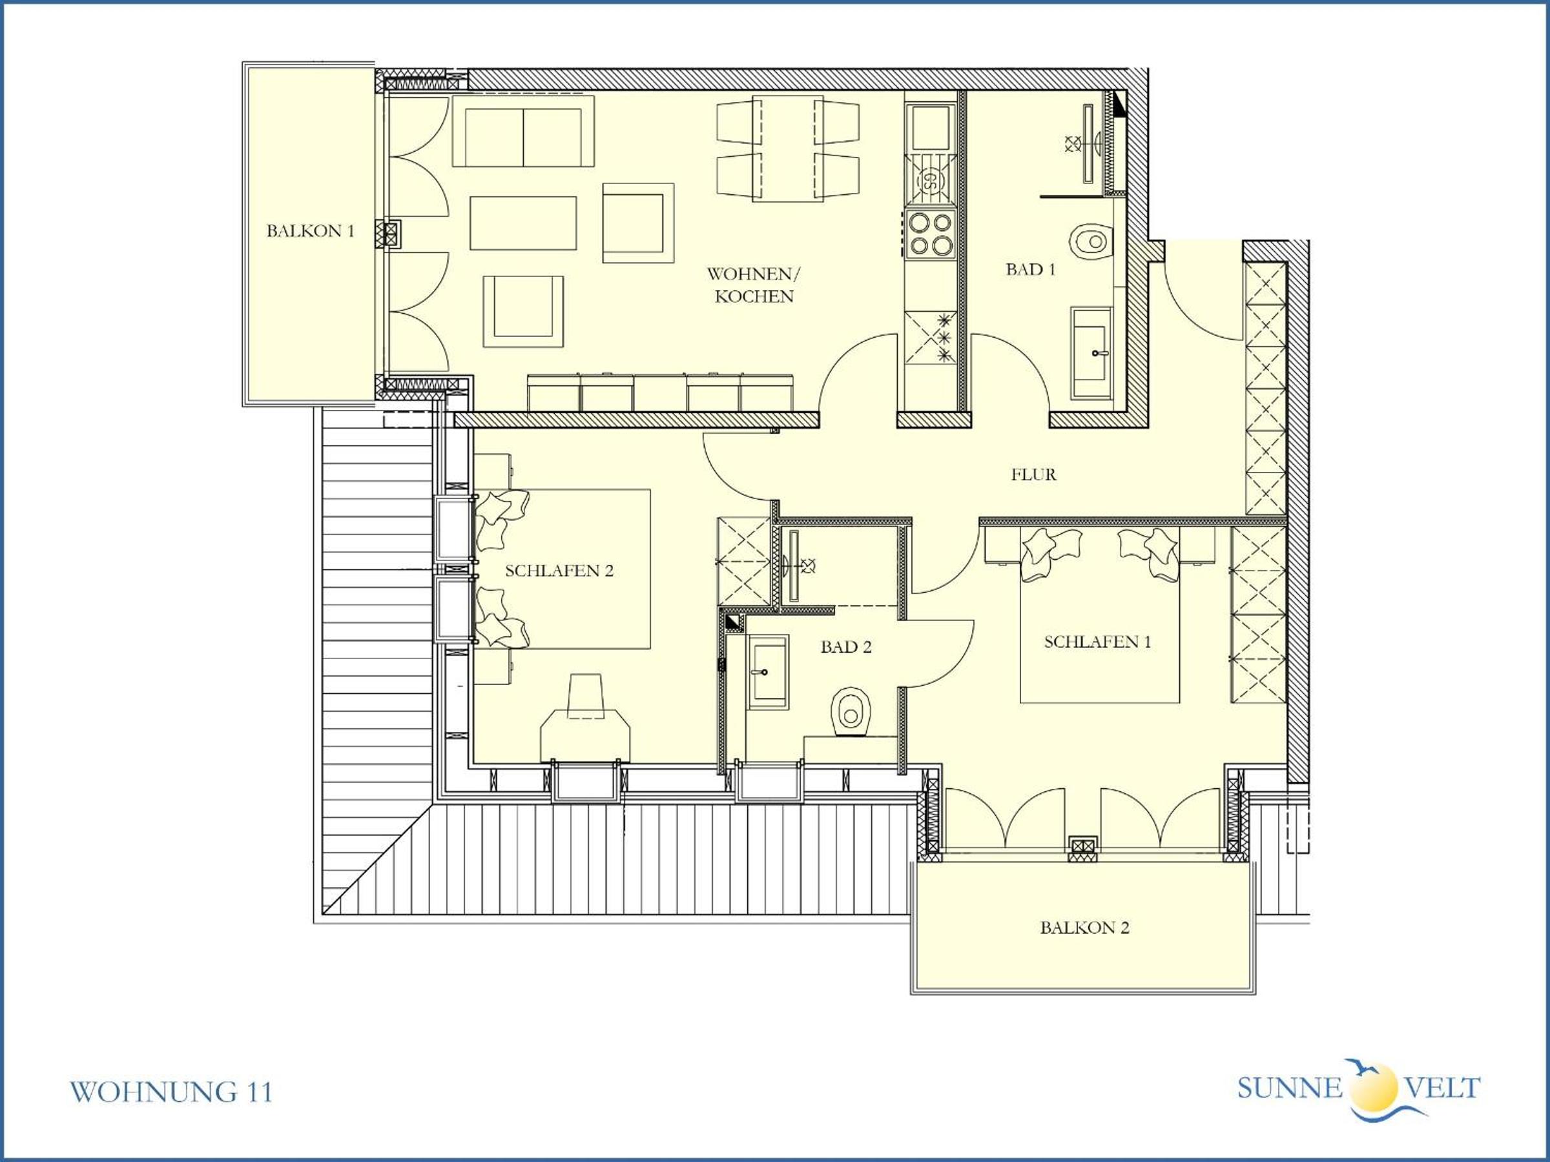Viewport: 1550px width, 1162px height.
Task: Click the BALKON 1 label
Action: pos(311,230)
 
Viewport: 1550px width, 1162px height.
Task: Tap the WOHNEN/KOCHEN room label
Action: pos(754,285)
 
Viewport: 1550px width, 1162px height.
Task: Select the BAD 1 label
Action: pos(1031,269)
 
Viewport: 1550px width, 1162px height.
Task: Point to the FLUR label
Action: pos(1033,474)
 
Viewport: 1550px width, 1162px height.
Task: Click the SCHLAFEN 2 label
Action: pos(559,570)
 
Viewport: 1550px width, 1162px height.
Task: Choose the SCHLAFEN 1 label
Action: pos(1097,642)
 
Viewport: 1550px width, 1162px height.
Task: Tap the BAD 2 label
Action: pos(846,646)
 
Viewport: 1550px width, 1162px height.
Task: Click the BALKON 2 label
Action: pos(1085,928)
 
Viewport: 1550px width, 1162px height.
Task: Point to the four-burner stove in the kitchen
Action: pos(930,234)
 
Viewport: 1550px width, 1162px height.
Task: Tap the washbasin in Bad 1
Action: pos(1091,353)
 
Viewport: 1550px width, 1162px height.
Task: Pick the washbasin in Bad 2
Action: pos(769,673)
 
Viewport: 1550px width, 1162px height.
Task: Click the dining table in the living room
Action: pos(789,149)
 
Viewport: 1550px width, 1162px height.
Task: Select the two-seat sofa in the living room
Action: pos(523,132)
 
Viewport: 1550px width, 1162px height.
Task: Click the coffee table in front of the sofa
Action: pos(523,223)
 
